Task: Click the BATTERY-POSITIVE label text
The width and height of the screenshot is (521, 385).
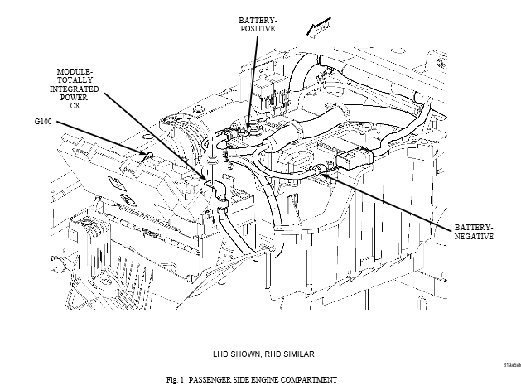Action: click(257, 23)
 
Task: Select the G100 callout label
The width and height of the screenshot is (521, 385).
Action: click(44, 121)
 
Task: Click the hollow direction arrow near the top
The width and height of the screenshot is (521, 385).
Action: click(316, 31)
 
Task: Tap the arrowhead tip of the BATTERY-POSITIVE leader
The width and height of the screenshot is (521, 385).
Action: click(247, 127)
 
